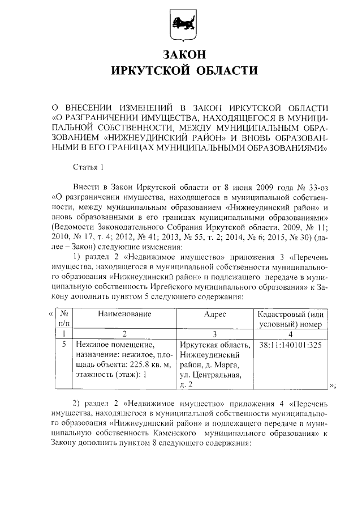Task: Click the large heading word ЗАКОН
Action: click(x=181, y=55)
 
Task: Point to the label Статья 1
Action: click(x=89, y=167)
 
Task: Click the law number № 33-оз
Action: click(x=309, y=186)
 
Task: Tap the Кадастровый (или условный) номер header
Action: click(x=290, y=319)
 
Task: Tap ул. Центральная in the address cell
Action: click(x=211, y=375)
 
